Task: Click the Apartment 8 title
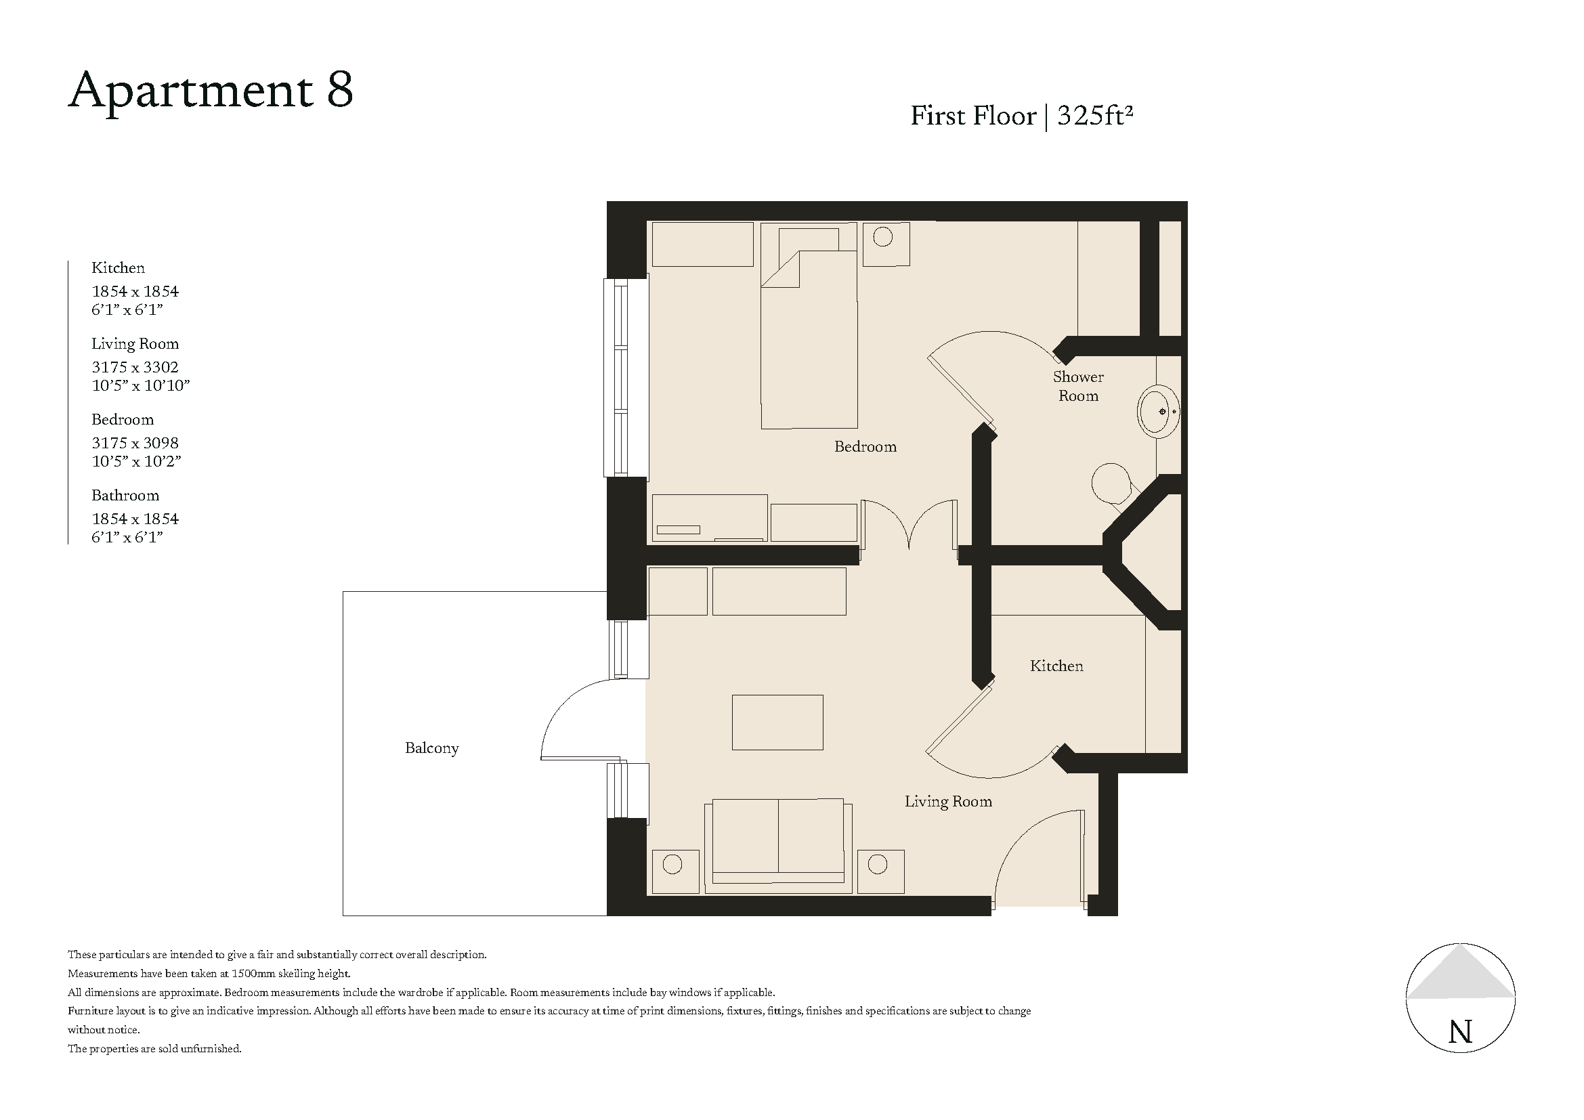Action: pos(211,90)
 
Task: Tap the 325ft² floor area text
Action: pos(1095,116)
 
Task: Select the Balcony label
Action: pos(432,748)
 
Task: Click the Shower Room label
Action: pos(1077,386)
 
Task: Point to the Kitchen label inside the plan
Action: pos(1056,666)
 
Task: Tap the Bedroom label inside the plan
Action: pos(865,447)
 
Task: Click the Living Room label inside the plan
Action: pos(948,801)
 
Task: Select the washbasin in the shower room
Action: pos(1158,412)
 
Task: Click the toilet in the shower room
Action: pos(1112,483)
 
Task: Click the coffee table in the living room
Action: pos(777,722)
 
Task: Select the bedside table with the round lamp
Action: pos(886,243)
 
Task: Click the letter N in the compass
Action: pos(1461,1032)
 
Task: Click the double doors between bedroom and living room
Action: pos(909,524)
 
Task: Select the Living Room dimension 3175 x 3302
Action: pos(135,367)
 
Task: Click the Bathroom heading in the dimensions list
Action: pos(125,495)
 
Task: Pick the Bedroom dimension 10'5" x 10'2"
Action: pos(137,461)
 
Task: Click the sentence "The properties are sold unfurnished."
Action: pos(154,1049)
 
